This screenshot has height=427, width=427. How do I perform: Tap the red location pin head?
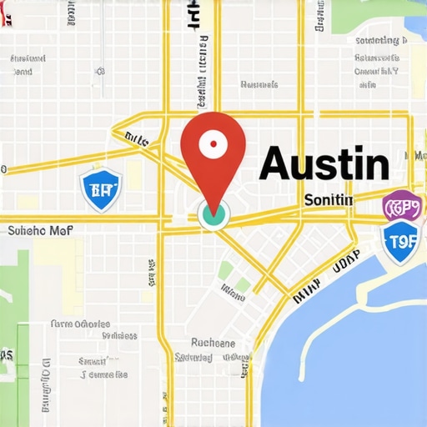click(213, 146)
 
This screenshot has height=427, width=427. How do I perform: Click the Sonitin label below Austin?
click(329, 200)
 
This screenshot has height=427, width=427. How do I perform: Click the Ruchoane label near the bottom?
click(213, 342)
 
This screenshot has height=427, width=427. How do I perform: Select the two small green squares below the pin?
click(234, 277)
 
